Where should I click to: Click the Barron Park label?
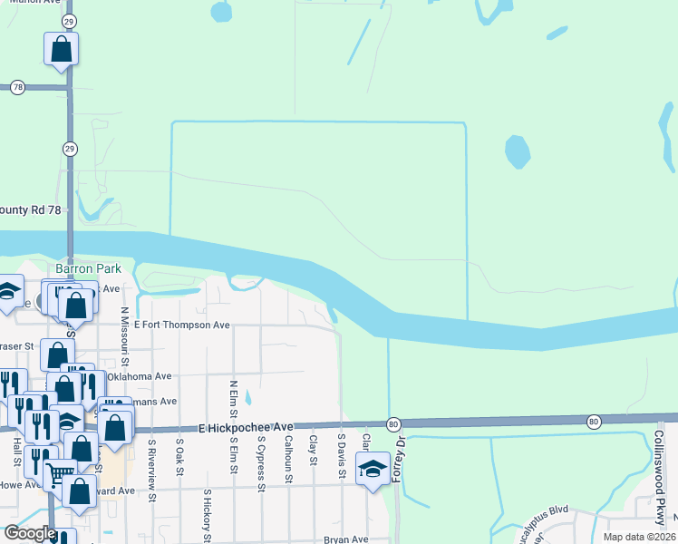click(x=89, y=269)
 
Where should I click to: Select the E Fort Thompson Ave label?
click(x=181, y=325)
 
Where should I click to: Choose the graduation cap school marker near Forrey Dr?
click(x=372, y=470)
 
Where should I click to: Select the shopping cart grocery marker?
click(x=60, y=473)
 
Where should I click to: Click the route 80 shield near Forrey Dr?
click(x=392, y=423)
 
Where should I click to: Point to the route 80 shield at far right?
click(x=594, y=421)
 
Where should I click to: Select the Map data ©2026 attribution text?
click(x=639, y=537)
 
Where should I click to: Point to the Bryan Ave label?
click(x=346, y=539)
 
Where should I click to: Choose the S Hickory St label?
click(x=208, y=515)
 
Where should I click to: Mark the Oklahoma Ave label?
click(x=139, y=376)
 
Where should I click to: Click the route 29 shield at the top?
click(x=70, y=21)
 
